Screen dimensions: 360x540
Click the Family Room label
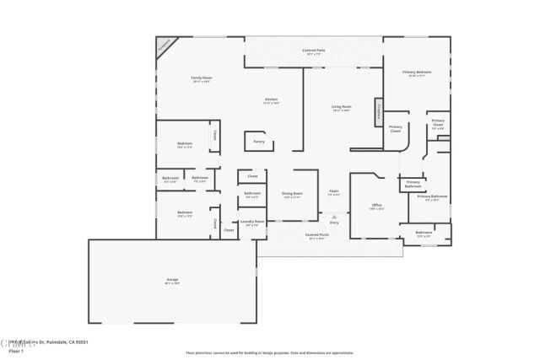[x=202, y=78]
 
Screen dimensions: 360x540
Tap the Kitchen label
[x=271, y=99]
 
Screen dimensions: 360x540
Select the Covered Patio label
[x=315, y=51]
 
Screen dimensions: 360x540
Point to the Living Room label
[x=341, y=107]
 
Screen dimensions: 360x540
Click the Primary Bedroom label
[x=417, y=73]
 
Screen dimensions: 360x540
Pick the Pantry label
[x=258, y=142]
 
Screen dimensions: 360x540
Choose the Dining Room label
[x=292, y=195]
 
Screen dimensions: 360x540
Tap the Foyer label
[x=334, y=192]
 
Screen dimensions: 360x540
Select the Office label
[x=377, y=205]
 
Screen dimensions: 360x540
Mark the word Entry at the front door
[x=334, y=222]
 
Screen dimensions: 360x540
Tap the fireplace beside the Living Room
[x=380, y=112]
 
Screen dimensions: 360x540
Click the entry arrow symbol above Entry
[x=334, y=216]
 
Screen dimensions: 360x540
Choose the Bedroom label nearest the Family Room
[x=185, y=144]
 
